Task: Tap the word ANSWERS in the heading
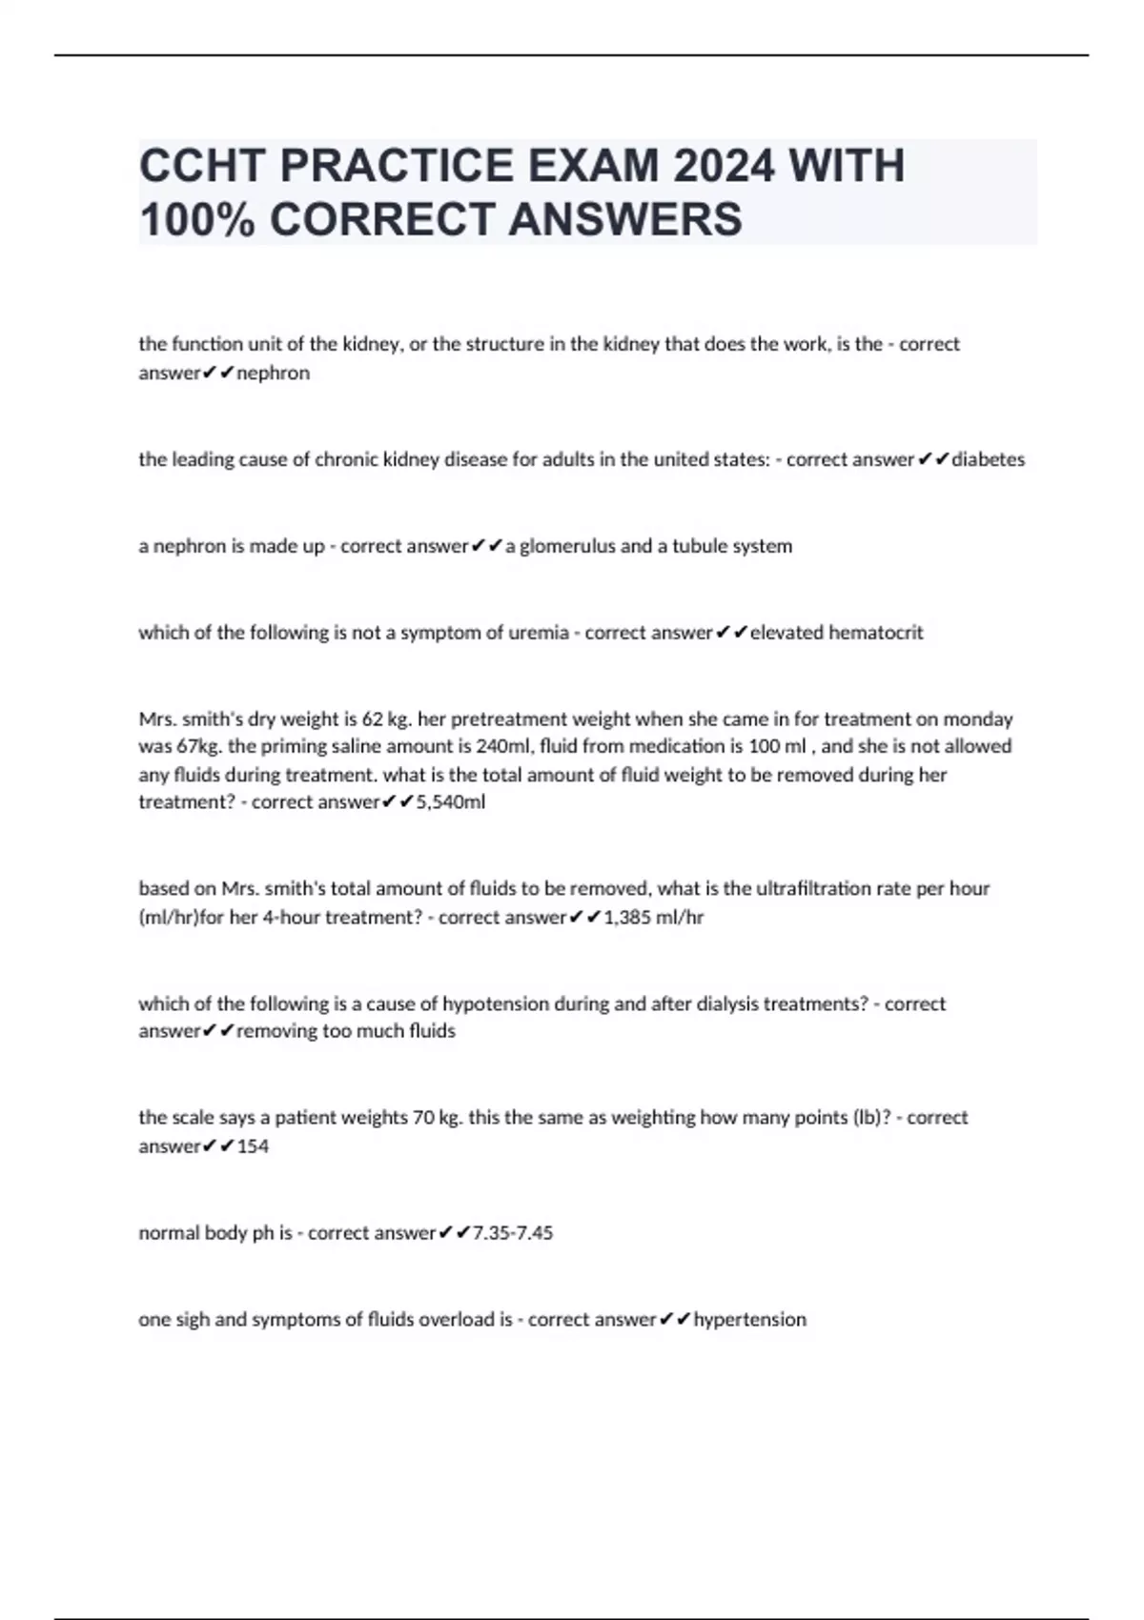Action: tap(625, 219)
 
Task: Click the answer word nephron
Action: tap(273, 374)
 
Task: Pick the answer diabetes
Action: tap(989, 459)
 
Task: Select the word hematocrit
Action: tap(875, 633)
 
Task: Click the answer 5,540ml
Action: tap(451, 802)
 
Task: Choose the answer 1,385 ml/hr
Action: tap(654, 918)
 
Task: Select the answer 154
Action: tap(253, 1146)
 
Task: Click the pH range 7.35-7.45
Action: tap(513, 1233)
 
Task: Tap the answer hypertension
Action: tap(749, 1320)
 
